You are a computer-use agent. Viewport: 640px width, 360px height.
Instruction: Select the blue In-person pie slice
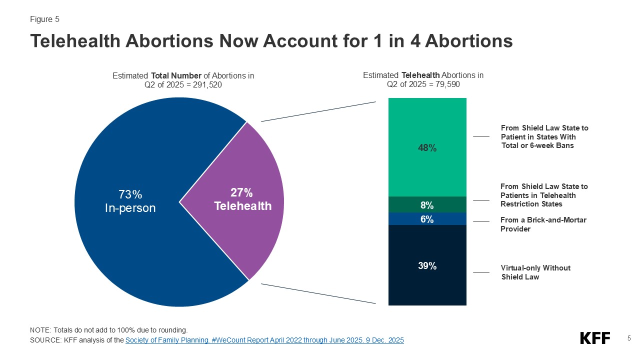[130, 210]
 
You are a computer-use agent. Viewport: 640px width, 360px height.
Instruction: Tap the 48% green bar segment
[427, 147]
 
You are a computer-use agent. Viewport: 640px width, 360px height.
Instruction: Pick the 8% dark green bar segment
[427, 205]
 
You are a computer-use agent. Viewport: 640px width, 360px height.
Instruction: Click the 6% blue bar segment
[427, 219]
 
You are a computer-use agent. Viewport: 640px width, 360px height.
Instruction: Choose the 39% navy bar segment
[427, 265]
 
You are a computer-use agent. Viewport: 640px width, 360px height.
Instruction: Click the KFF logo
[595, 338]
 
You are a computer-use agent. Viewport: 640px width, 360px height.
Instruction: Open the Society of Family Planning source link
[264, 340]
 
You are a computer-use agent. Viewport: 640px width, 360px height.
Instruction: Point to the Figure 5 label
[44, 19]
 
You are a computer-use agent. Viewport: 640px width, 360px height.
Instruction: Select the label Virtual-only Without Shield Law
[535, 272]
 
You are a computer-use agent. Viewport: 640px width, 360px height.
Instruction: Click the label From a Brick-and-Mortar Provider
[543, 224]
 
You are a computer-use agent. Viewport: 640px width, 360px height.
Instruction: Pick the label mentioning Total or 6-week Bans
[544, 137]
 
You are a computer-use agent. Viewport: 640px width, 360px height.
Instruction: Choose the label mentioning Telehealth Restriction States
[544, 195]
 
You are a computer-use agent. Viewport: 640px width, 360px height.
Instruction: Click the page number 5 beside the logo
[629, 338]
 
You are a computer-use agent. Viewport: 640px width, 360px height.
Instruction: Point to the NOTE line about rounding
[108, 330]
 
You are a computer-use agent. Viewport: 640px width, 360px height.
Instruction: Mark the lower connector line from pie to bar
[318, 293]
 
